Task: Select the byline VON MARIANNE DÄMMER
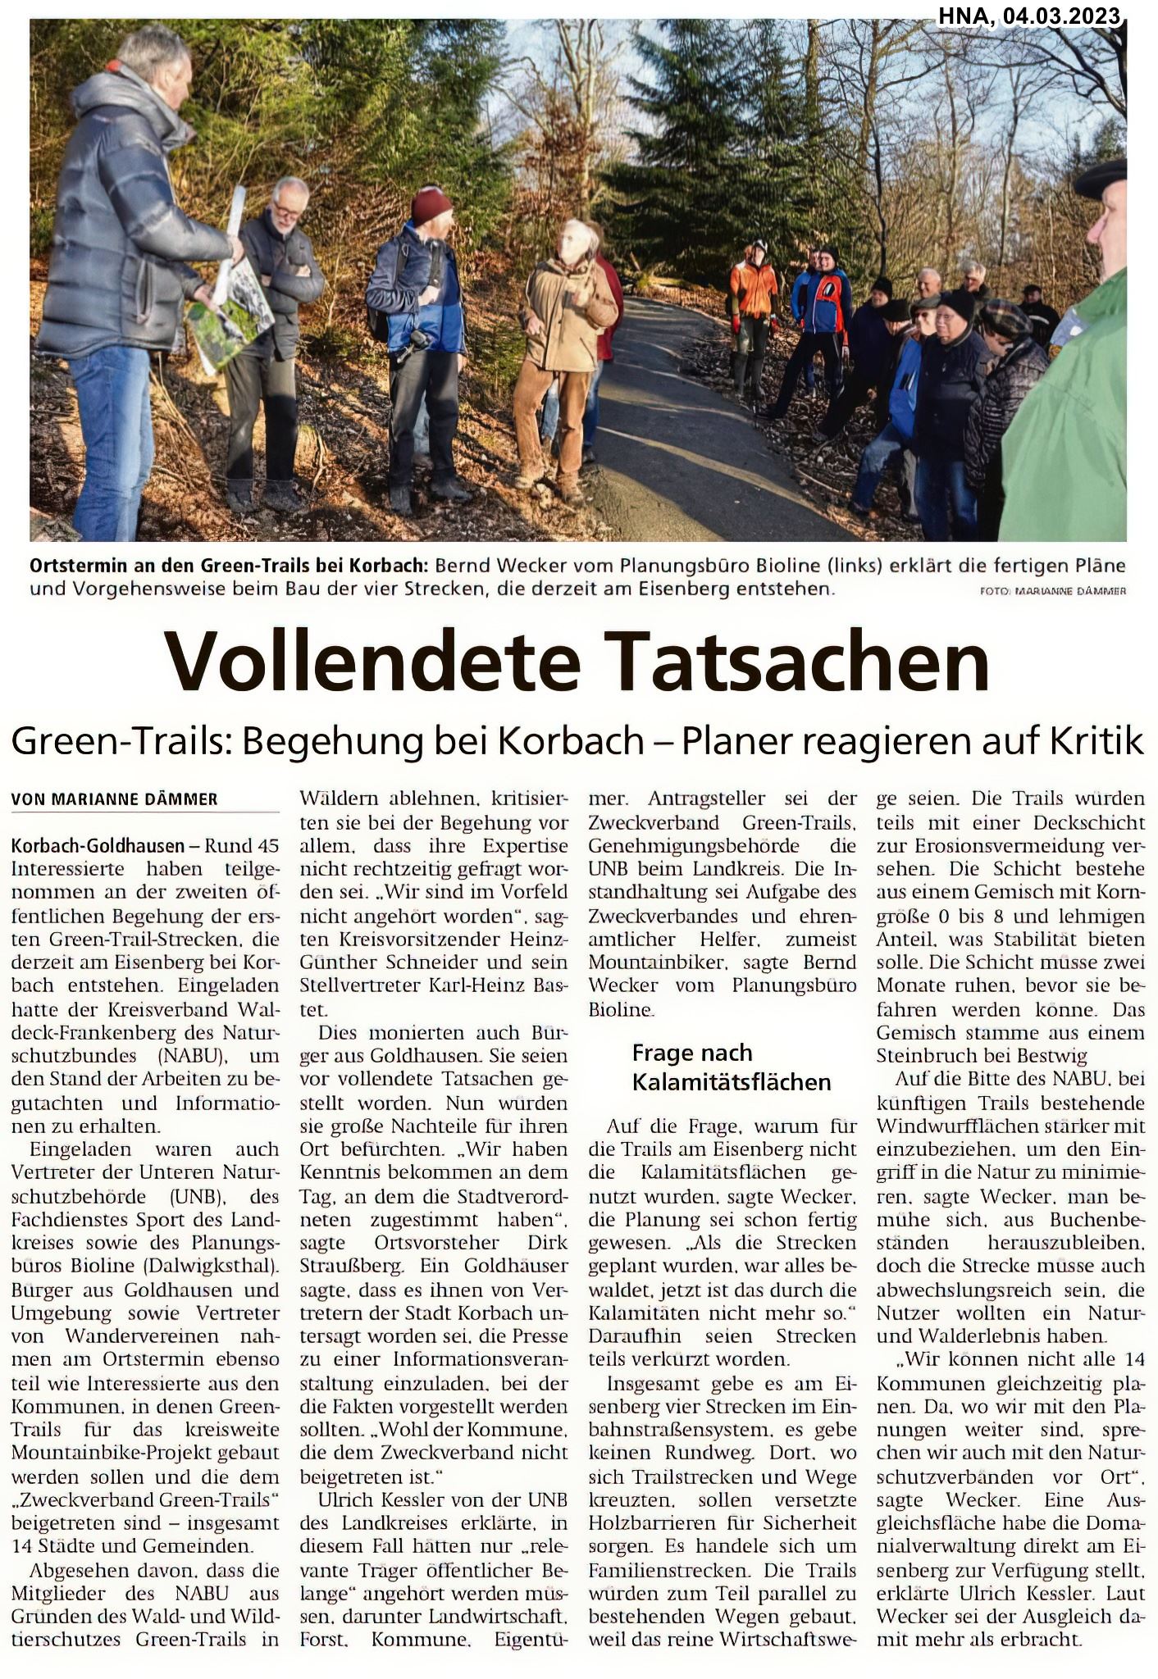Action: point(114,799)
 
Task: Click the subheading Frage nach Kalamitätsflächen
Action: point(731,1067)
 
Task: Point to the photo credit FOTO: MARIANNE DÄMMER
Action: point(1052,590)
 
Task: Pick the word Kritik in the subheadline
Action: point(1096,742)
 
